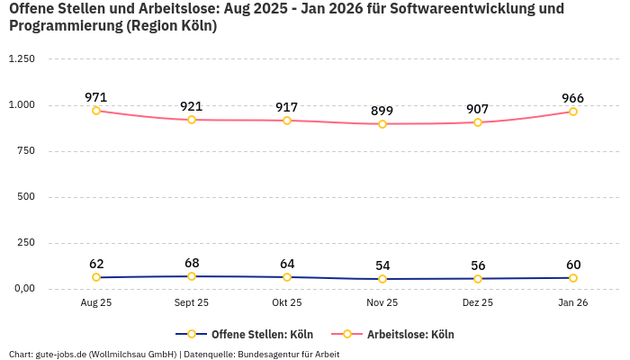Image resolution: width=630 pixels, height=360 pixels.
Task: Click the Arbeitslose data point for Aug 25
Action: (96, 111)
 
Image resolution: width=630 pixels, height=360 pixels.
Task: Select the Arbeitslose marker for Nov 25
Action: (382, 124)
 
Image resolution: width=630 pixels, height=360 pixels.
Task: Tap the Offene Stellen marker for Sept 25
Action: (192, 276)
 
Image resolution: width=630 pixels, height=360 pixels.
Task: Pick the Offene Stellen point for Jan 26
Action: (573, 277)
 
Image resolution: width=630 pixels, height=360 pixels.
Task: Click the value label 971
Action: (96, 97)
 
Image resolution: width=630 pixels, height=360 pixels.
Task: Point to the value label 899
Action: (382, 111)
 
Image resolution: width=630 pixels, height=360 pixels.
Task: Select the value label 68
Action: (192, 263)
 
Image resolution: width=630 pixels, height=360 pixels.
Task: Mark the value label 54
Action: (382, 265)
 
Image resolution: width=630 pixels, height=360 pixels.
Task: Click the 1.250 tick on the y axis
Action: (21, 59)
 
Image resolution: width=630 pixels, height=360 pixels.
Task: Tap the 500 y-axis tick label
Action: (26, 197)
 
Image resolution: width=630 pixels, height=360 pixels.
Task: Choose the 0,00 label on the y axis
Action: (22, 288)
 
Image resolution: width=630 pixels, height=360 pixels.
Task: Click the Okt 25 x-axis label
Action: (287, 303)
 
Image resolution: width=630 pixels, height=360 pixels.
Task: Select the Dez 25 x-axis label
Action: (478, 303)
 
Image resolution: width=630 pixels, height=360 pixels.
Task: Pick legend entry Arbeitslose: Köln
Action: (410, 334)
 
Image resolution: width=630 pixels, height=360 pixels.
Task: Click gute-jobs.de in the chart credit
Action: (59, 354)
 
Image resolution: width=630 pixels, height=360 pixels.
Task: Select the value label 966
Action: (573, 98)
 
